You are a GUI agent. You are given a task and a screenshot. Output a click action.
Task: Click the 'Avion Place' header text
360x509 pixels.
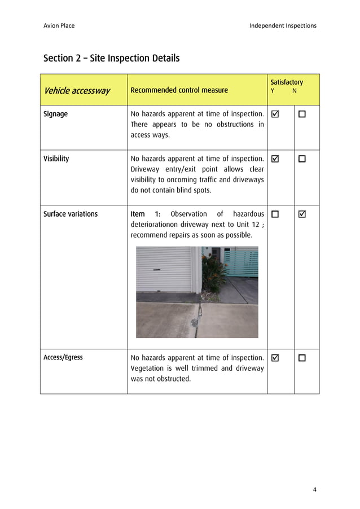(x=59, y=25)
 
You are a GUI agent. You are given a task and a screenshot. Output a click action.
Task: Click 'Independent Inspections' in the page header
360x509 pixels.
(x=283, y=25)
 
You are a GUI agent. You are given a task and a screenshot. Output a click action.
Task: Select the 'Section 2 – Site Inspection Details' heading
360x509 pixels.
(x=111, y=58)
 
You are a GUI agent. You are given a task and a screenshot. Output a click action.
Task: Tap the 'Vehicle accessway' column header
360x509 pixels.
(x=77, y=90)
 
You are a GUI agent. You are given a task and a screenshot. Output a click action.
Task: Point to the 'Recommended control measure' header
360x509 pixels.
(x=179, y=90)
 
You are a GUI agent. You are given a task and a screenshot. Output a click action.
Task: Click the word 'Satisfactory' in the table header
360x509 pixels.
(x=286, y=82)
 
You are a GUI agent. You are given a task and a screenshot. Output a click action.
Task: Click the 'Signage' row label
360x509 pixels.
(x=55, y=114)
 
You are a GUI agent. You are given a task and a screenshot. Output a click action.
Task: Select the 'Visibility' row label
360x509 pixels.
(x=56, y=159)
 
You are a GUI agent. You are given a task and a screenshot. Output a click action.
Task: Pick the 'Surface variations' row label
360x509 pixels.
(x=71, y=214)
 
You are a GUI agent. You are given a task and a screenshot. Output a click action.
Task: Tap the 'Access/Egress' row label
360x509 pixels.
(x=63, y=357)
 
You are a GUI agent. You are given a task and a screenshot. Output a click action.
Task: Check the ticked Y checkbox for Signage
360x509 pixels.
(x=275, y=115)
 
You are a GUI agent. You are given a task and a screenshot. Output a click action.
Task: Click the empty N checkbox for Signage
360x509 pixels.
(x=302, y=115)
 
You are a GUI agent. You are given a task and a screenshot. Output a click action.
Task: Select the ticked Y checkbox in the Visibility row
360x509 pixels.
(x=275, y=159)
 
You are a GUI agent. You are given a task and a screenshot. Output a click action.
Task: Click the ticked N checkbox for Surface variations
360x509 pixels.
(x=302, y=214)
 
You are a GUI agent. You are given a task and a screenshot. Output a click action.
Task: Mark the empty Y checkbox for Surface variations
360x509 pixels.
(x=275, y=214)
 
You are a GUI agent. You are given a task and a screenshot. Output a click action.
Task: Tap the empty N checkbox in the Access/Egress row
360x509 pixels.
(x=302, y=358)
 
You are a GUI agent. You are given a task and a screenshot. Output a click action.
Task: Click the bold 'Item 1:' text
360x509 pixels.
(x=146, y=214)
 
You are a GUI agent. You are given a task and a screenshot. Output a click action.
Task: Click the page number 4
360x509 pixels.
(x=314, y=489)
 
